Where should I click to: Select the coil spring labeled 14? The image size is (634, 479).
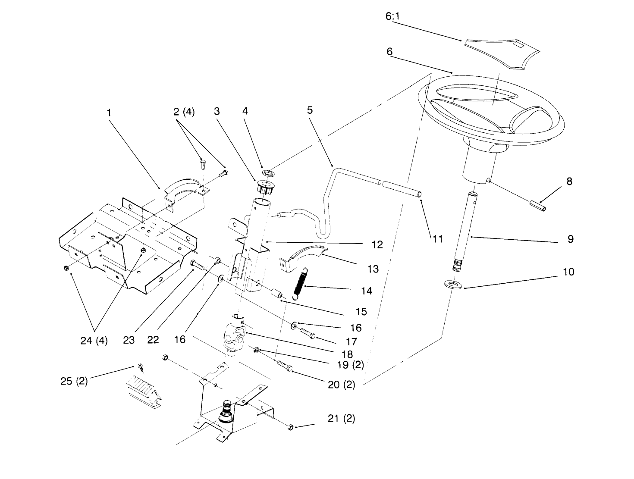point(301,283)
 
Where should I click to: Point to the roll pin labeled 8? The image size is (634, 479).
point(538,206)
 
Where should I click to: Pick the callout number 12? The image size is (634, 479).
point(377,245)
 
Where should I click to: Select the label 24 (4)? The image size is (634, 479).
point(94,341)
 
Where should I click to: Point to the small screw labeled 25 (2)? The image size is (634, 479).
point(141,366)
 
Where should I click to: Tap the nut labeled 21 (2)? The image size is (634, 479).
point(290,427)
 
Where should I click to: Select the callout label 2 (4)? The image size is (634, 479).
point(184,112)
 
